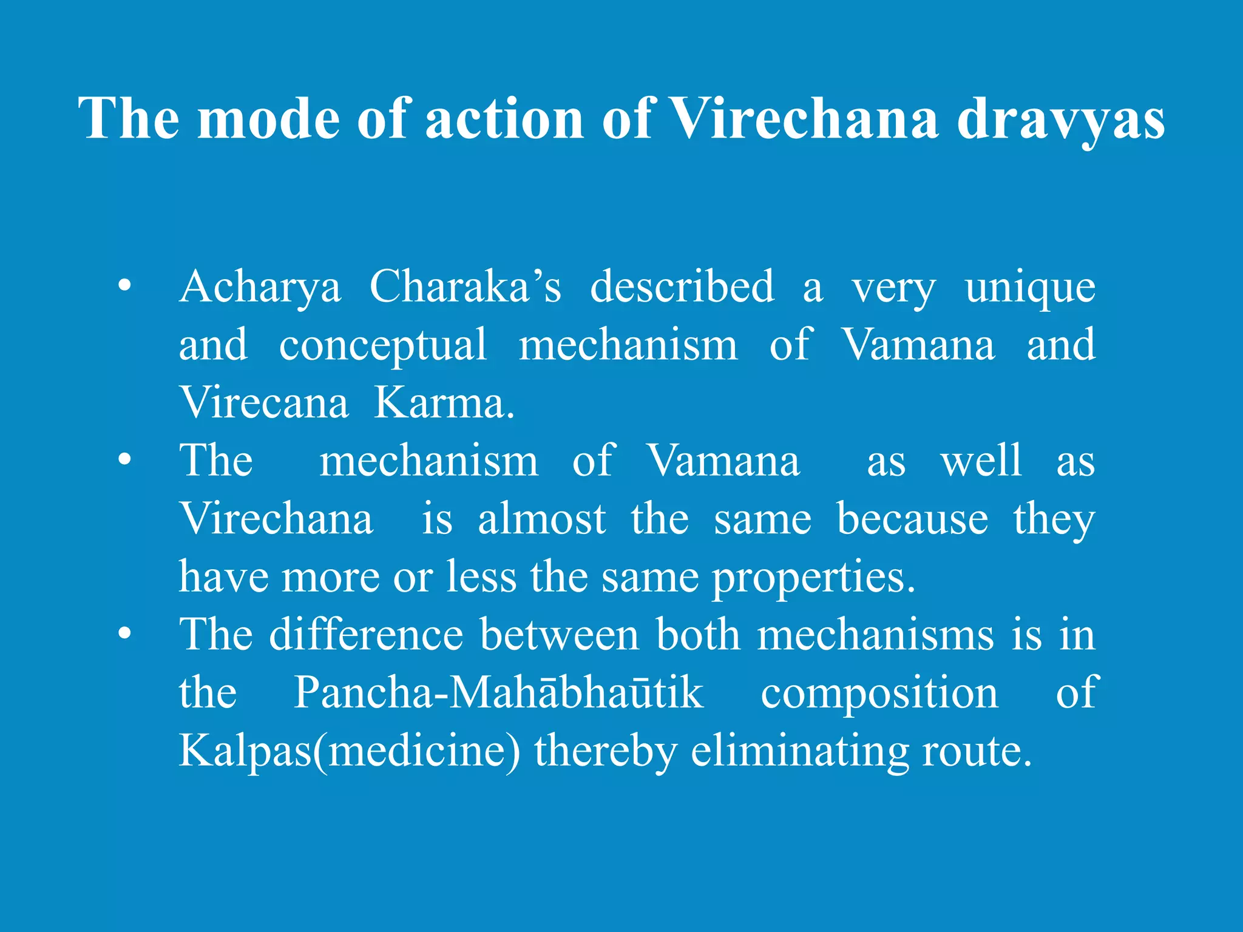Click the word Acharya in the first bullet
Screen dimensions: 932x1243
coord(260,288)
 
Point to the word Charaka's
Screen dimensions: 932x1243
coord(466,286)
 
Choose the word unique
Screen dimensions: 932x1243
coord(1030,288)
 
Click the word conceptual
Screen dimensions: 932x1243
coord(383,345)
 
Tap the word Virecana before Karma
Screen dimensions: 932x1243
coord(264,402)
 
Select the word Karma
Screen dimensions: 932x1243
coord(444,402)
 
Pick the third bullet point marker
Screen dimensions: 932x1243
coord(124,633)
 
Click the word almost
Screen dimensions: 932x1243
coord(541,519)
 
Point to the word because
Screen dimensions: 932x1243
coord(912,519)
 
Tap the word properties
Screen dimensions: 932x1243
coord(813,577)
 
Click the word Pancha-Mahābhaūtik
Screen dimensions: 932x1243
coord(498,692)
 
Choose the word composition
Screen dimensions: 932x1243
coord(879,692)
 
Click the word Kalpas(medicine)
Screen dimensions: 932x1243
coord(350,751)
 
